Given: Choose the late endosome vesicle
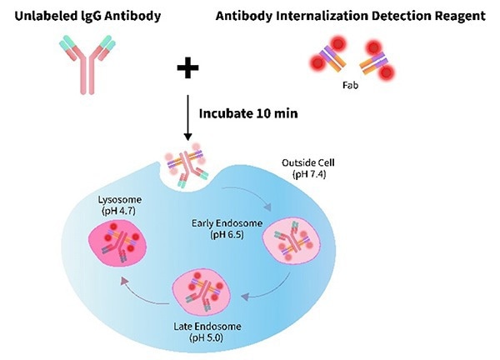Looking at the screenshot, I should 204,294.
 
